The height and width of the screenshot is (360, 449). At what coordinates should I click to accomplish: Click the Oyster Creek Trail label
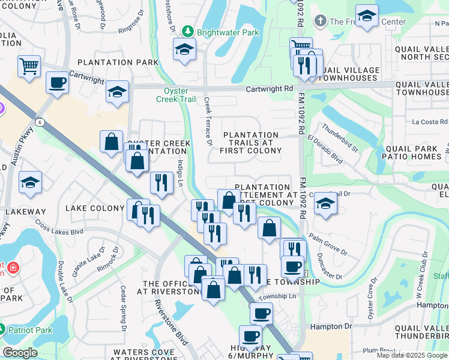click(176, 95)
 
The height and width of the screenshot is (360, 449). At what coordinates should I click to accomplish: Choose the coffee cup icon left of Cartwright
click(58, 83)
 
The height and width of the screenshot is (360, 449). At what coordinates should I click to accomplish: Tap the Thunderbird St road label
click(340, 137)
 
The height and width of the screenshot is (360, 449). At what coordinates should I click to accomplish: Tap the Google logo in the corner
click(20, 353)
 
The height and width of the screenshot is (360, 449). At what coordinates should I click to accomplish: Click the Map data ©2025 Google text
click(411, 355)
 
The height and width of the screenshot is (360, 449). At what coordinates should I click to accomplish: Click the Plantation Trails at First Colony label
click(250, 143)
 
